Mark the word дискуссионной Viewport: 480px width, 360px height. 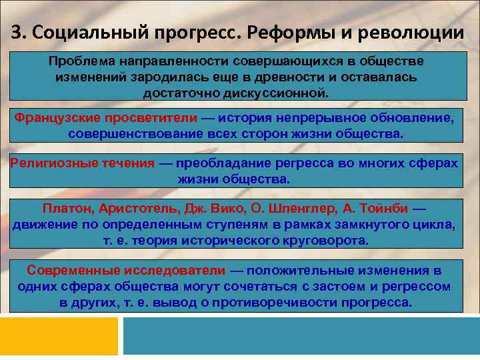click(x=280, y=92)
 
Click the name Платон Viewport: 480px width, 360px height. click(x=65, y=209)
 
